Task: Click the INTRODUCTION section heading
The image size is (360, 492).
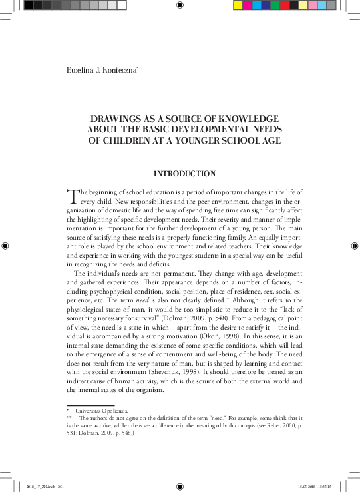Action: (x=184, y=174)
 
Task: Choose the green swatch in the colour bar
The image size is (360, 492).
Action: (x=276, y=5)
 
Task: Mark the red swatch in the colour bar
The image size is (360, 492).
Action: (x=285, y=5)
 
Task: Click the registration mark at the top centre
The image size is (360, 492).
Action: (x=180, y=5)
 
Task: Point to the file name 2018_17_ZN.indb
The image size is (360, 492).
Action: (x=43, y=487)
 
